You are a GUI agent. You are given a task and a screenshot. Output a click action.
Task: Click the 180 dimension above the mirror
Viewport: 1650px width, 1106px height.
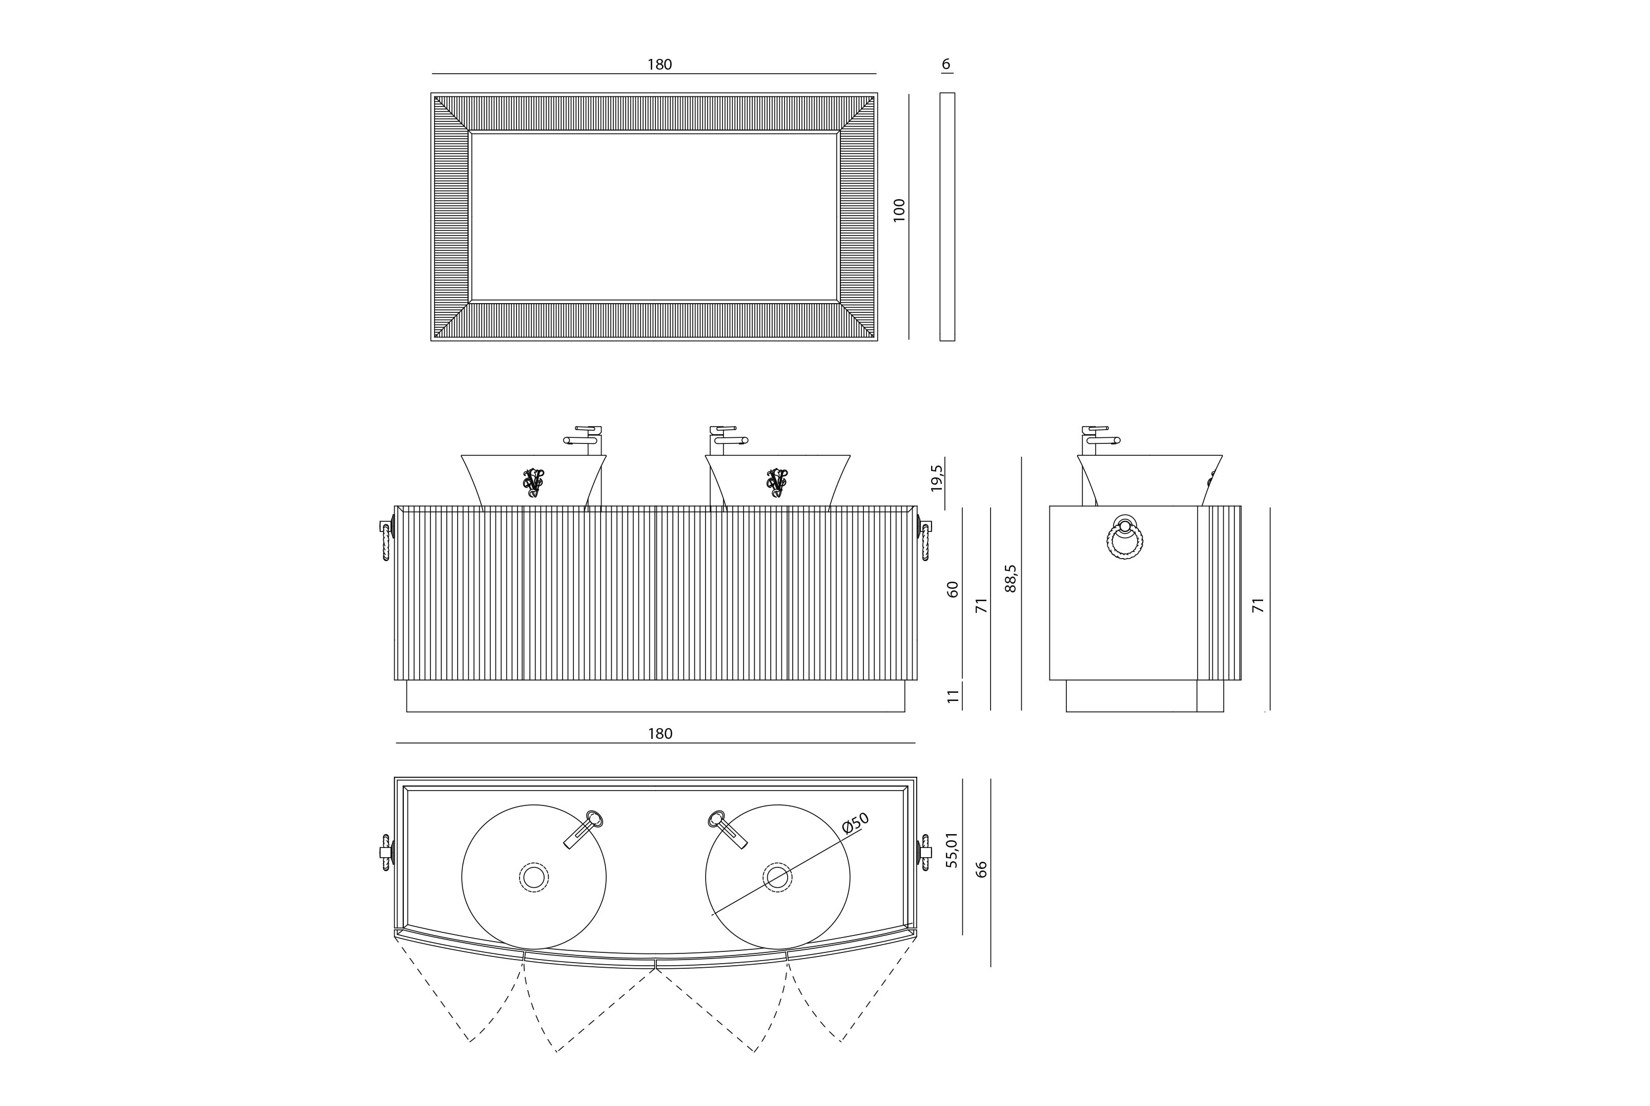coord(660,65)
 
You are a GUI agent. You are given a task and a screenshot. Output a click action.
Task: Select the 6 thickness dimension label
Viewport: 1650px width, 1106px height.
coord(946,64)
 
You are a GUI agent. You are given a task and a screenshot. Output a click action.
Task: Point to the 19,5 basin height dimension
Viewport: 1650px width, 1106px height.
coord(937,478)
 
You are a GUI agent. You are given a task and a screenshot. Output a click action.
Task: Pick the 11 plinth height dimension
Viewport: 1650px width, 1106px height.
coord(954,696)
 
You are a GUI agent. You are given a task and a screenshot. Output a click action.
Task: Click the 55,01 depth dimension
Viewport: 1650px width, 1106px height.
coord(953,849)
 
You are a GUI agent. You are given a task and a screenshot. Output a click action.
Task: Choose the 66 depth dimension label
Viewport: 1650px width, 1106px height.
coord(981,869)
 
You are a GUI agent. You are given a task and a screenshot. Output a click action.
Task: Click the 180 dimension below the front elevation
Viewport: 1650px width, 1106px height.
coord(660,734)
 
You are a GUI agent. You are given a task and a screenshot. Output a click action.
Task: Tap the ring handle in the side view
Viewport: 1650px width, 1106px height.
coord(1124,538)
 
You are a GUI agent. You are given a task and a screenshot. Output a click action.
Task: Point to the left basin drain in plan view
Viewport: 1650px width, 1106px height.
coord(534,878)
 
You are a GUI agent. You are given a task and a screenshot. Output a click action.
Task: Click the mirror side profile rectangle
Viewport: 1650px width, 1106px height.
coord(947,217)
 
